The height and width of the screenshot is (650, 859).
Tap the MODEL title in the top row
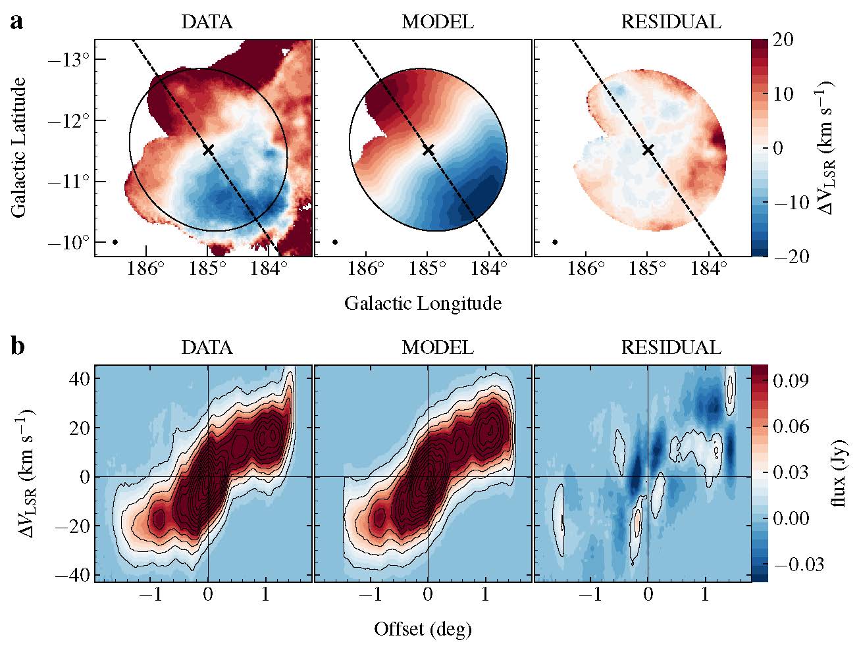coord(437,22)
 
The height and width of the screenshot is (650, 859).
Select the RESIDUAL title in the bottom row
coord(671,347)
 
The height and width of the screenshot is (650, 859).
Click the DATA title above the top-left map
coord(207,22)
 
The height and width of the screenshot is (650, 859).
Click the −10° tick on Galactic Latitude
coord(70,243)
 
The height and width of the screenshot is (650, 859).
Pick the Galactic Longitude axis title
coord(423,303)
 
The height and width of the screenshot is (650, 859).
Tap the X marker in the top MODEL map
coord(429,150)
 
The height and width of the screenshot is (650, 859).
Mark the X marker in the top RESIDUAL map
coord(648,150)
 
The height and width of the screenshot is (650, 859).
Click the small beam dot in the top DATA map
coord(115,242)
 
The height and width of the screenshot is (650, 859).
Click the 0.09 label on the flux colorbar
coord(790,380)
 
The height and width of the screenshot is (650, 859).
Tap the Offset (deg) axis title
coord(423,630)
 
